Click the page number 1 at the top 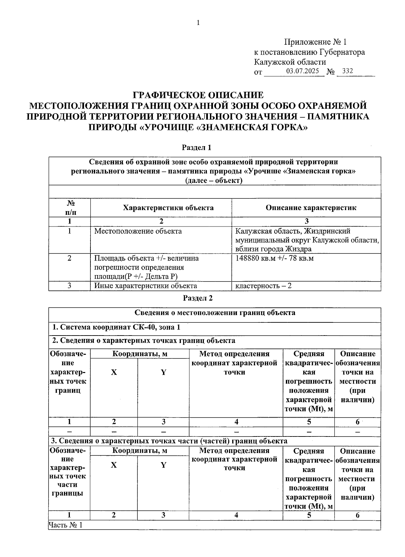[x=198, y=23]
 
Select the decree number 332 [x=347, y=71]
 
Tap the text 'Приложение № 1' [x=315, y=42]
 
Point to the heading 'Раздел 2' [x=198, y=298]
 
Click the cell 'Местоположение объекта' [x=138, y=231]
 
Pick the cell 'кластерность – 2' [x=263, y=286]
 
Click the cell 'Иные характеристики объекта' [x=145, y=286]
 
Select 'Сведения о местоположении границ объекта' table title [x=215, y=313]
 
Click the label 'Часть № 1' [x=65, y=525]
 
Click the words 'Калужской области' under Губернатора [x=290, y=62]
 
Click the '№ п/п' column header [x=70, y=208]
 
